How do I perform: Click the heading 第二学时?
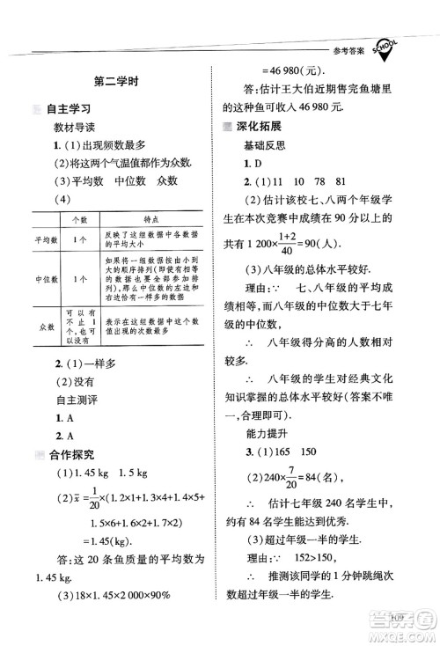pos(120,84)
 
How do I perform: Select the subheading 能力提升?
pos(268,432)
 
